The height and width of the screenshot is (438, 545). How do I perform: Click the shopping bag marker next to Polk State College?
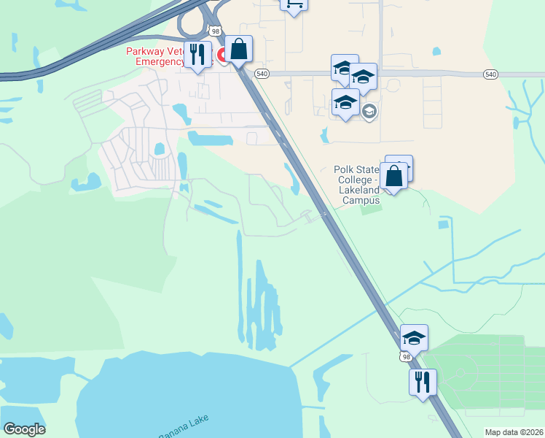[393, 176]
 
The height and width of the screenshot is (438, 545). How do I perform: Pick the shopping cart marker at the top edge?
[293, 4]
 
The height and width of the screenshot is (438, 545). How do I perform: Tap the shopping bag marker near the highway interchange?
[239, 50]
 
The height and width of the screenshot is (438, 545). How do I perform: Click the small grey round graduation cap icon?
[369, 112]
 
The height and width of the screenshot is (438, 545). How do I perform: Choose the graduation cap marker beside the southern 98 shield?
[414, 338]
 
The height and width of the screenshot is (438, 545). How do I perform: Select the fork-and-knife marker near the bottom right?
[423, 381]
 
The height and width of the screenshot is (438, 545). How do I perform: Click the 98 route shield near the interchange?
[214, 31]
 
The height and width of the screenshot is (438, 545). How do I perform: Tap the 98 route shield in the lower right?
[405, 356]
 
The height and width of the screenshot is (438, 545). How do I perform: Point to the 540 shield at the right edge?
[490, 74]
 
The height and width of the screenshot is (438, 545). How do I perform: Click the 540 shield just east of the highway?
[262, 74]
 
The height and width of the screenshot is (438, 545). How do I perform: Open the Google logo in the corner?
[24, 429]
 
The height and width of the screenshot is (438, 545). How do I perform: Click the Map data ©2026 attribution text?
[513, 432]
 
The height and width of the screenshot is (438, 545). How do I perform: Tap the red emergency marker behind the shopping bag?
[222, 57]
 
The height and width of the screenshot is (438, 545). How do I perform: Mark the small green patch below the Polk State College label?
[372, 210]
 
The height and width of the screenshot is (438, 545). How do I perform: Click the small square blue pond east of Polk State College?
[443, 224]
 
